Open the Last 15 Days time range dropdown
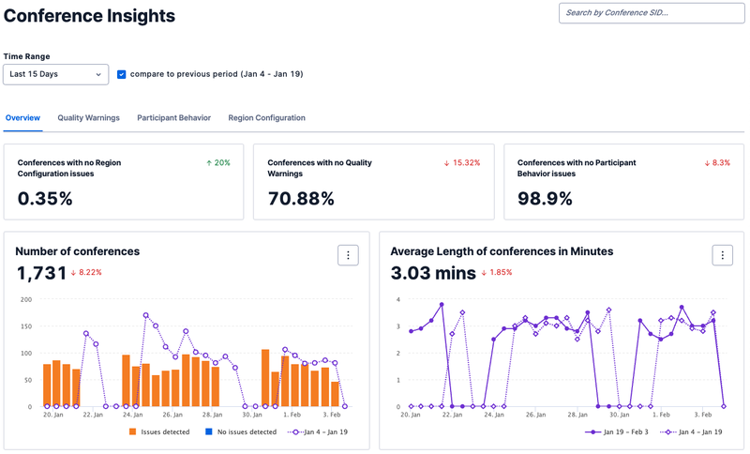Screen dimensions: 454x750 [56, 73]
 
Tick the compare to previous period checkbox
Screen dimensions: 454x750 [122, 73]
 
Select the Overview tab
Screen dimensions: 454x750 [22, 118]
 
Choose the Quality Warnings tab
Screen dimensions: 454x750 [88, 118]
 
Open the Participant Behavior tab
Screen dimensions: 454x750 [173, 118]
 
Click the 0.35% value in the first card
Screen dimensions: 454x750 [45, 198]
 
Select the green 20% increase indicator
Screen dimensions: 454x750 [217, 162]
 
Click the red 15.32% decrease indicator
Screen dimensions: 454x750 [461, 162]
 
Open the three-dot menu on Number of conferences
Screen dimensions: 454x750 [348, 255]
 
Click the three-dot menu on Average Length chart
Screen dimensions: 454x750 [722, 255]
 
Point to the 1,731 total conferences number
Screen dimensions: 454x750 [41, 273]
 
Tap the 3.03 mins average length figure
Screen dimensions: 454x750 [432, 273]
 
